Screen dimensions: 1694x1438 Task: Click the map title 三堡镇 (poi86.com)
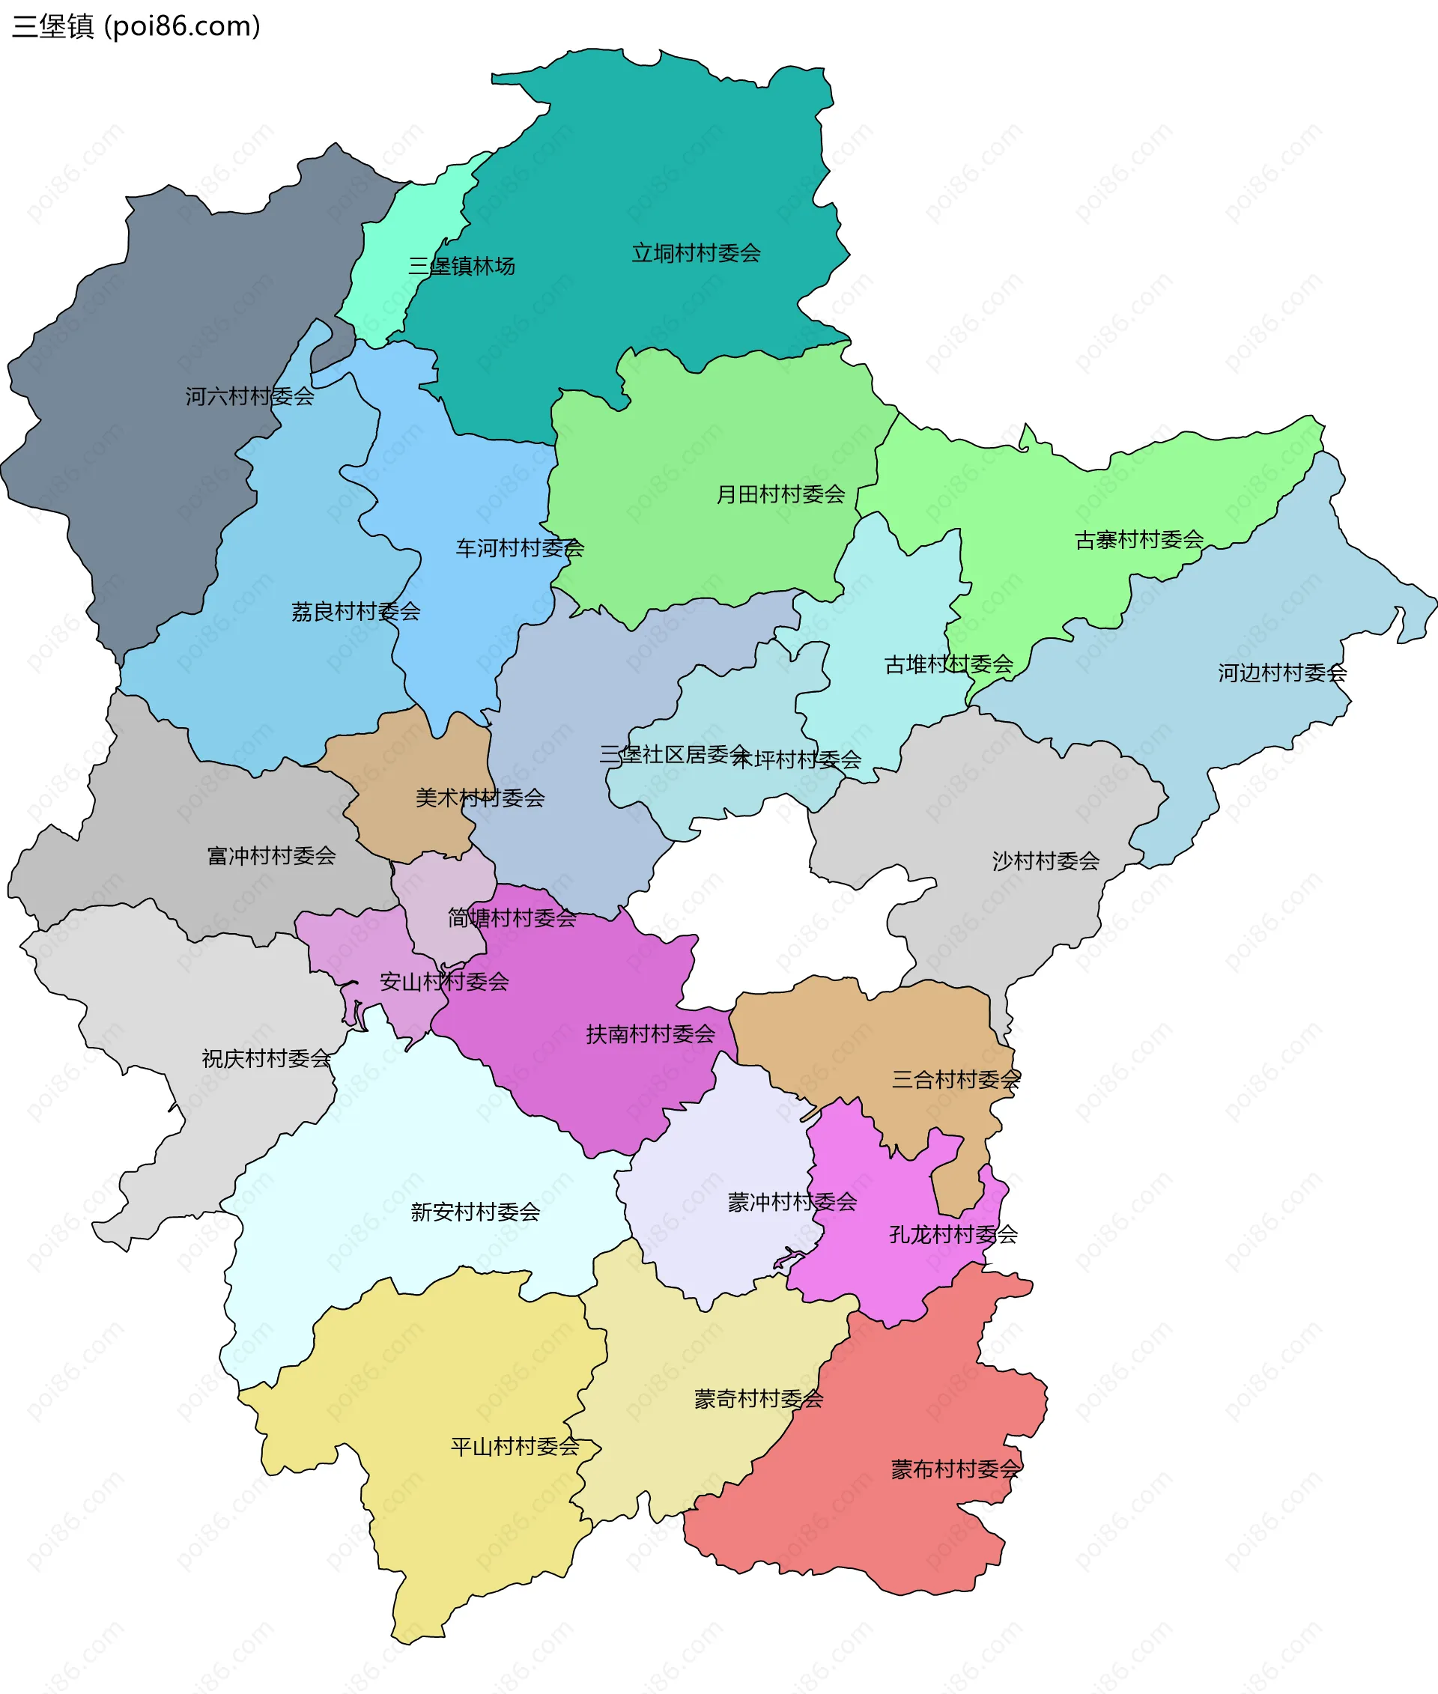click(136, 27)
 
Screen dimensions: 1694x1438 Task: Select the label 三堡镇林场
click(461, 266)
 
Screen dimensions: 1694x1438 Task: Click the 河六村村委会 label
click(249, 396)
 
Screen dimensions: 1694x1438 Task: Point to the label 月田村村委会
click(780, 494)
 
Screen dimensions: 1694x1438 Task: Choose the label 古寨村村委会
click(1139, 540)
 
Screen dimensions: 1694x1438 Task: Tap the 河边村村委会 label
click(1281, 673)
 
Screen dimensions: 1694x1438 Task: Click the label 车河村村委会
click(519, 548)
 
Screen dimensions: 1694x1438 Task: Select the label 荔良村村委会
click(356, 611)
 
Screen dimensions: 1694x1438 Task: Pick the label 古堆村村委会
click(948, 664)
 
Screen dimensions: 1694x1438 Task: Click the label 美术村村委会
click(479, 798)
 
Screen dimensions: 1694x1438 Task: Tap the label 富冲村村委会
click(270, 855)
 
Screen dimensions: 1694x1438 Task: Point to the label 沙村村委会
click(1045, 861)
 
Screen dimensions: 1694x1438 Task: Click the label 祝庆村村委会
click(266, 1058)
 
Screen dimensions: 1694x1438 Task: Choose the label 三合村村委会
click(956, 1079)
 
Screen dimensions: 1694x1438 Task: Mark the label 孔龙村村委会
click(953, 1234)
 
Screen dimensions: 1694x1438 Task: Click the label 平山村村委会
click(515, 1446)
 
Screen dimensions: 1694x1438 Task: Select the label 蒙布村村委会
click(955, 1469)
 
